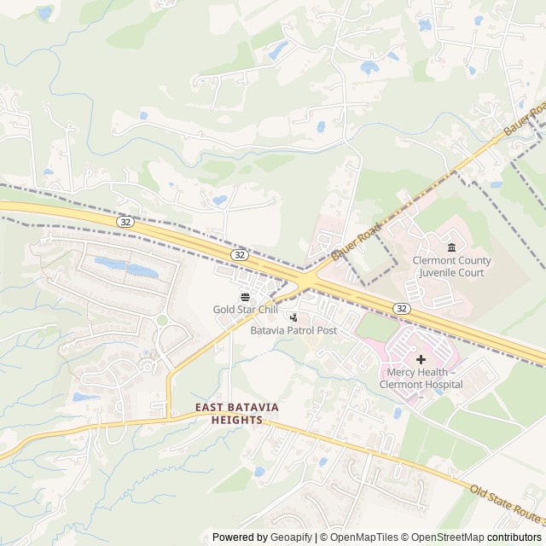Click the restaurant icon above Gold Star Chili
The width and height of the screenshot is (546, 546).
(x=246, y=296)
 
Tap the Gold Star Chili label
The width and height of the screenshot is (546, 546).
(x=245, y=310)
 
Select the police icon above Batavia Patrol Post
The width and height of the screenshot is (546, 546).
(x=294, y=317)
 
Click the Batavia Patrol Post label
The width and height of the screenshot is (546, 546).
(x=293, y=330)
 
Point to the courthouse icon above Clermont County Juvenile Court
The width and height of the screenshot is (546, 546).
(x=451, y=247)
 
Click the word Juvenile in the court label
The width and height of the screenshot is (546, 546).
(x=436, y=273)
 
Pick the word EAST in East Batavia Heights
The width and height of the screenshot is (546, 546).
(x=211, y=408)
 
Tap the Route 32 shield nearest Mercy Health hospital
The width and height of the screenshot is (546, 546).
(x=401, y=307)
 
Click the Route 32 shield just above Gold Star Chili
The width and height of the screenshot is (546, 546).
(x=240, y=254)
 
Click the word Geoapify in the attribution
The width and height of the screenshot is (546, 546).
(x=293, y=537)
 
